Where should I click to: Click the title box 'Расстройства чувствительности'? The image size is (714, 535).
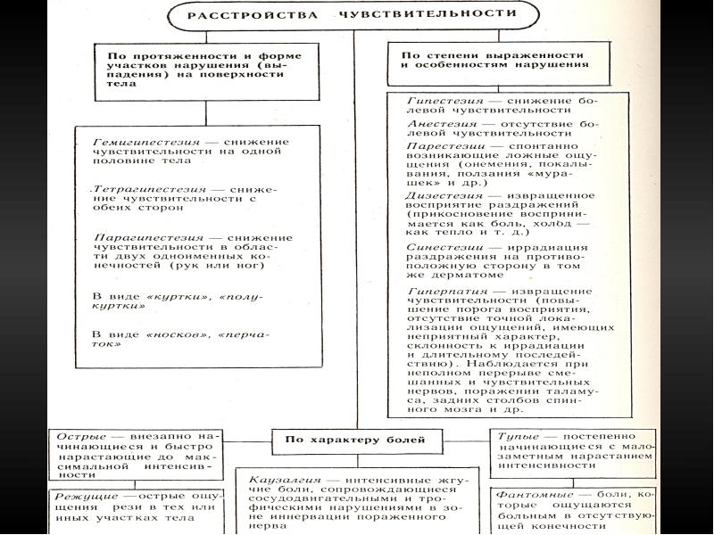click(352, 15)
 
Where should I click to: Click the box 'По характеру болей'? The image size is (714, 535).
click(354, 440)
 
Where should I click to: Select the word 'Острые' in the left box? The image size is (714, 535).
click(74, 436)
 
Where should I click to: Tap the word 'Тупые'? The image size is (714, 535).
click(518, 436)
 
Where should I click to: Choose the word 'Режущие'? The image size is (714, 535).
click(82, 496)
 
